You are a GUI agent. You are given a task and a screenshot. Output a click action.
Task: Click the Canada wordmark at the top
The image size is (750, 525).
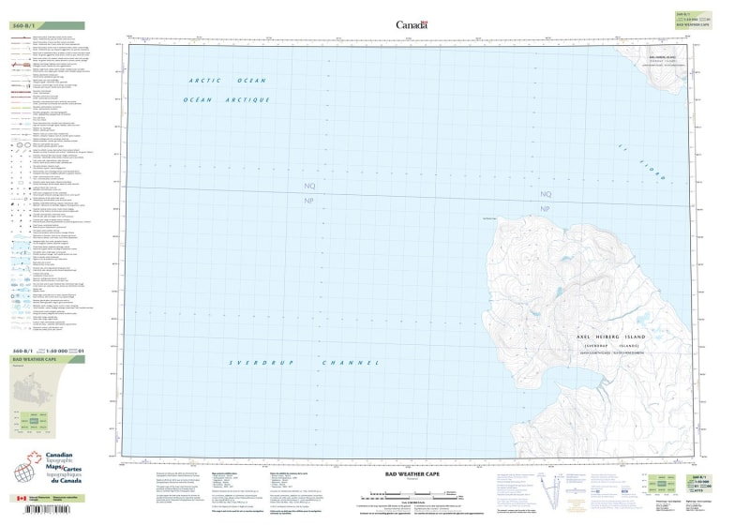pos(412,24)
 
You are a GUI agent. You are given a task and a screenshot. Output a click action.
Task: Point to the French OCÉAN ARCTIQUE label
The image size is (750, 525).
pos(227,99)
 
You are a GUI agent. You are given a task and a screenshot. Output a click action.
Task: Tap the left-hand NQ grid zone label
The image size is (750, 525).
pos(309,187)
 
